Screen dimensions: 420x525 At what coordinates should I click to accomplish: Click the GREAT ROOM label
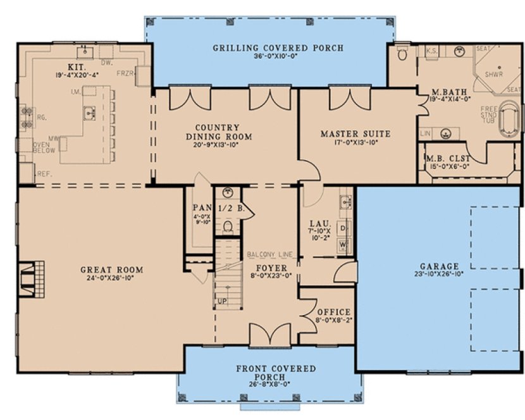point(111,269)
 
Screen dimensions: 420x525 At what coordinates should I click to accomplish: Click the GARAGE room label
point(438,266)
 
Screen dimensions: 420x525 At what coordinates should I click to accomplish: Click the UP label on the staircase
point(223,300)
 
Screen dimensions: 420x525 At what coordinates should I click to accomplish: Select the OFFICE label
point(333,312)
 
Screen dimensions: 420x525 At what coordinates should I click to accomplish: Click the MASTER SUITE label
point(355,133)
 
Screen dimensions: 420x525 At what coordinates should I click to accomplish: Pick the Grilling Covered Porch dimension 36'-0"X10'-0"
point(278,56)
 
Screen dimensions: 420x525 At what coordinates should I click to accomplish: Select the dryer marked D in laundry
point(343,226)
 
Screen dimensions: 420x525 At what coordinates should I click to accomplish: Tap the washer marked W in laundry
point(343,244)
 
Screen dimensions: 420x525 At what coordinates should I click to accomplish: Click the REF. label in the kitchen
point(45,173)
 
